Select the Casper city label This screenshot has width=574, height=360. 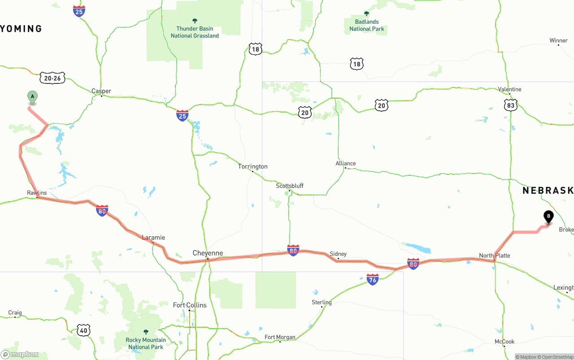click(x=101, y=91)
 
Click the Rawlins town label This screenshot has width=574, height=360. click(x=37, y=193)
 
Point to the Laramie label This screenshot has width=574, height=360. click(x=153, y=238)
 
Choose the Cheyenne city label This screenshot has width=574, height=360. click(x=208, y=253)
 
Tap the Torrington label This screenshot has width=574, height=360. click(x=253, y=166)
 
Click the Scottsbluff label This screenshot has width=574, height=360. click(x=290, y=186)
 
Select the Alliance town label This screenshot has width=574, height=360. click(x=346, y=164)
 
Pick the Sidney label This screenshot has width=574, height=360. click(x=338, y=254)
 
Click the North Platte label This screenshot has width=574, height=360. click(x=495, y=256)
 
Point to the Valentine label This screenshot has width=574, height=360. click(x=510, y=89)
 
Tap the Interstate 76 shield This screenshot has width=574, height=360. click(x=373, y=279)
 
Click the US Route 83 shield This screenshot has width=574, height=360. click(x=511, y=105)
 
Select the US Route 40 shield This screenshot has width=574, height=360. click(x=84, y=331)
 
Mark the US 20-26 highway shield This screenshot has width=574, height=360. click(x=53, y=78)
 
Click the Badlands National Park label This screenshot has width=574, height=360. click(x=367, y=25)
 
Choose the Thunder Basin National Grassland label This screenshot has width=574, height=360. click(x=195, y=32)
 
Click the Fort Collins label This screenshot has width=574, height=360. click(x=190, y=305)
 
